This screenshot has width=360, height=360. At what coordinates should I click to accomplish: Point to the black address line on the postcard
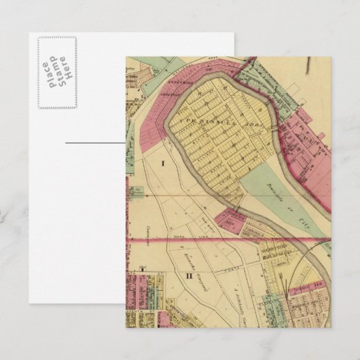click(96, 143)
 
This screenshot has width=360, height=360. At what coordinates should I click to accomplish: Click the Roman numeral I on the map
click(163, 163)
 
